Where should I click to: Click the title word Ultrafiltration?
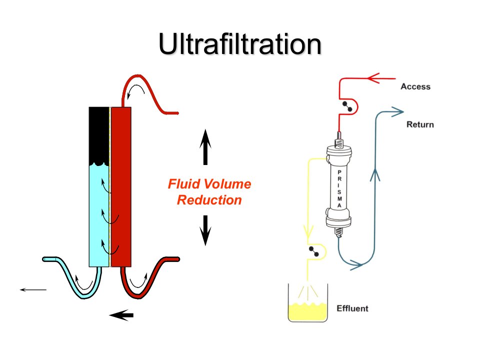coord(240,44)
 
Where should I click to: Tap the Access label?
coord(415,86)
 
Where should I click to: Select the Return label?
coord(420,124)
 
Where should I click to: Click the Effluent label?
coord(352,308)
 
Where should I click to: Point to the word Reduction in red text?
coord(209,200)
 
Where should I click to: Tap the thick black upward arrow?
coord(205,147)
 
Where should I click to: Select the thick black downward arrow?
coord(205,230)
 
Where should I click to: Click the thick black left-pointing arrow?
coord(121,315)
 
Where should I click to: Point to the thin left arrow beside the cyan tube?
coord(33,289)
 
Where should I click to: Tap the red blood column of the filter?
coord(121,186)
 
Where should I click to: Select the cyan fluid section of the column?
coord(99,216)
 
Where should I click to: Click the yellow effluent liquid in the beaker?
coord(307,311)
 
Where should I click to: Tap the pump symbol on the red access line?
coord(347,106)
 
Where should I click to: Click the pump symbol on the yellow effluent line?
coord(314,251)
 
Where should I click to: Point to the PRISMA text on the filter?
coord(339,189)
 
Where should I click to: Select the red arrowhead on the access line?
coord(373,78)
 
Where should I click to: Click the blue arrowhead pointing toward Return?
coord(397,111)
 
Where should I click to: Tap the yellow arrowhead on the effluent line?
coord(308,231)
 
